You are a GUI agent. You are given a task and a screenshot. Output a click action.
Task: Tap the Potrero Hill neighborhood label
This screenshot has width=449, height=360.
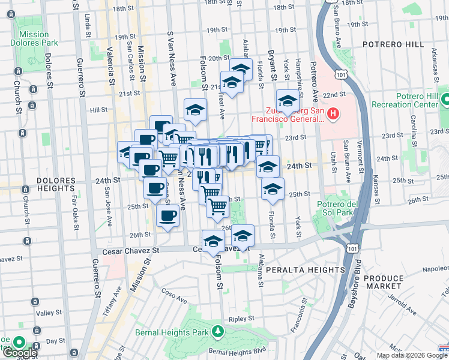point(390,45)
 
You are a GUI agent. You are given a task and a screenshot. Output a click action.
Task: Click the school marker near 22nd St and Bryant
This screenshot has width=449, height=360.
point(288,101)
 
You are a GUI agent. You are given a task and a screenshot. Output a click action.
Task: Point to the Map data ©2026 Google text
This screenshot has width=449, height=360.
point(404,355)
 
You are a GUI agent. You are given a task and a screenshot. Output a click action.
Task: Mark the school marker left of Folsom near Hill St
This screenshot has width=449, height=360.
point(194,110)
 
